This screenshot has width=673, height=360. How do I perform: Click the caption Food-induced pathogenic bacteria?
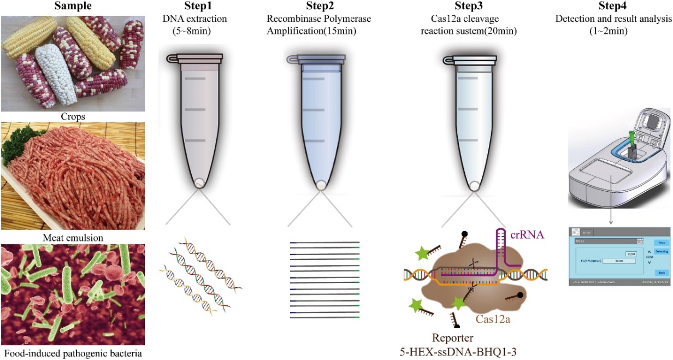(72, 353)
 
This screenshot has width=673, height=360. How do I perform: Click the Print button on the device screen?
(660, 240)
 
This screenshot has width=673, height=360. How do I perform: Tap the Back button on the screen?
(660, 272)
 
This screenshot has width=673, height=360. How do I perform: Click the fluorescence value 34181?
(619, 261)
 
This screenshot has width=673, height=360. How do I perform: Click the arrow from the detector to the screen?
(611, 216)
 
